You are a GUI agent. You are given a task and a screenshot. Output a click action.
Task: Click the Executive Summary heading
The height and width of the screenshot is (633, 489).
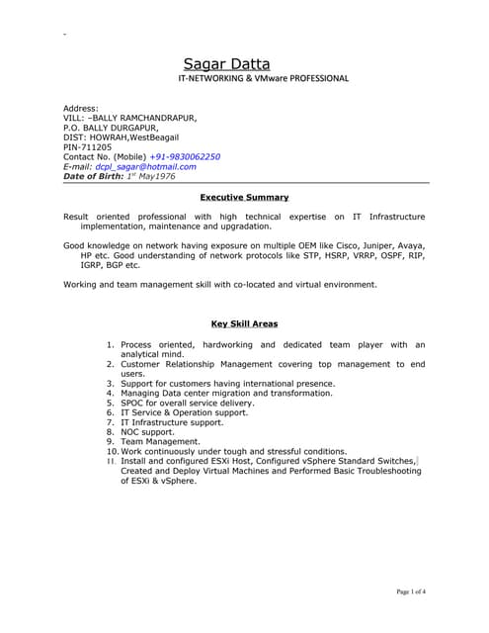click(x=244, y=198)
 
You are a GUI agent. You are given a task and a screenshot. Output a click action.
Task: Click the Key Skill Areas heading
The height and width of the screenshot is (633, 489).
click(x=245, y=323)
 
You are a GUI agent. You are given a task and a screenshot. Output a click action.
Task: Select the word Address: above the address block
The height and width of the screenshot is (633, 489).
click(x=81, y=108)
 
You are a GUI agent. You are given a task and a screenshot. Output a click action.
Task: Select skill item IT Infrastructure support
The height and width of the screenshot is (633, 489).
click(x=172, y=422)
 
